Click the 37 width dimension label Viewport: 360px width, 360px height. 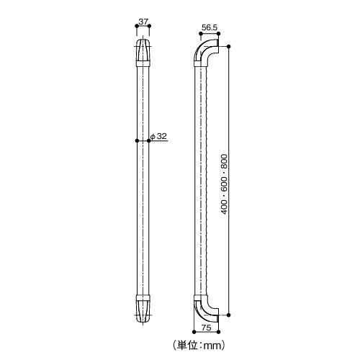[x=143, y=22]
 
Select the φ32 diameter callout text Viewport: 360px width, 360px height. [x=161, y=136]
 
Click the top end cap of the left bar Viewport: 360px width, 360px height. [x=143, y=52]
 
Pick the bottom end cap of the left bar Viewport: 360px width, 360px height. [x=143, y=307]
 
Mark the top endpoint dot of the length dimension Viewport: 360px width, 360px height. [x=230, y=46]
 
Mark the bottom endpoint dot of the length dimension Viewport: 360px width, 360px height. [x=230, y=315]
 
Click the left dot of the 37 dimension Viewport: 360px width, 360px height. [x=137, y=29]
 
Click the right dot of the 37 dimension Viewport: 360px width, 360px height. [x=149, y=29]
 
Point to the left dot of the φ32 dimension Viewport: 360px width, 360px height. [x=137, y=141]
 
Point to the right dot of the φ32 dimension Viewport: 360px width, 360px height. [x=148, y=141]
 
